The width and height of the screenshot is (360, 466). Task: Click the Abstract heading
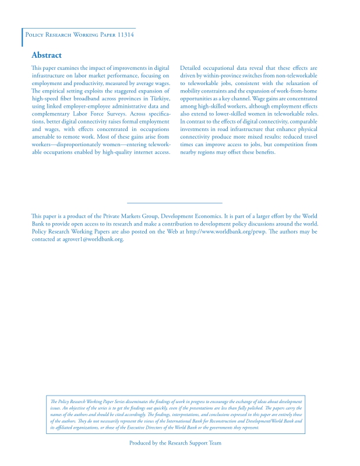pyautogui.click(x=46, y=55)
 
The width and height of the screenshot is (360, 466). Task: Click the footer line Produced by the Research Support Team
pyautogui.click(x=175, y=443)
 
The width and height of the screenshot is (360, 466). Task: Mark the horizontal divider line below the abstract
pyautogui.click(x=175, y=202)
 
